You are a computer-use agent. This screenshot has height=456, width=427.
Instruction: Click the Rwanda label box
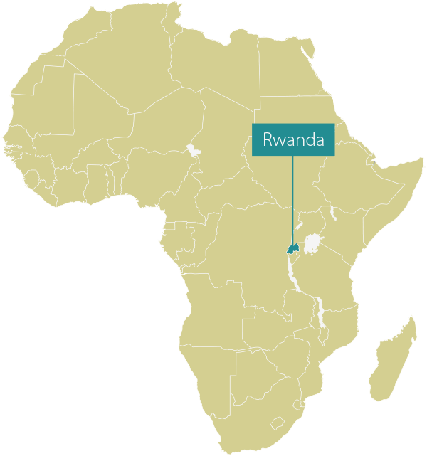(x=292, y=139)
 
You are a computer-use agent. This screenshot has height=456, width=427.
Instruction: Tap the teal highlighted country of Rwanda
(x=291, y=248)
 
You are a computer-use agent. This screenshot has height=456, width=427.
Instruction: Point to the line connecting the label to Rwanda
(x=292, y=199)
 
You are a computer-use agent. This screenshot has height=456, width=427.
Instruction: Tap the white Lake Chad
(x=192, y=150)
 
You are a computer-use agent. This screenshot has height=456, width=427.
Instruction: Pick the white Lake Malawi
(x=320, y=313)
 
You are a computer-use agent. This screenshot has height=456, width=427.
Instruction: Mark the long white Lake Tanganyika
(x=292, y=274)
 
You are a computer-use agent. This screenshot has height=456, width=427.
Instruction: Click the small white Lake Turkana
(x=332, y=212)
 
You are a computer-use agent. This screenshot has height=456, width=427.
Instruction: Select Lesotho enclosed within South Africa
(x=277, y=423)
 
